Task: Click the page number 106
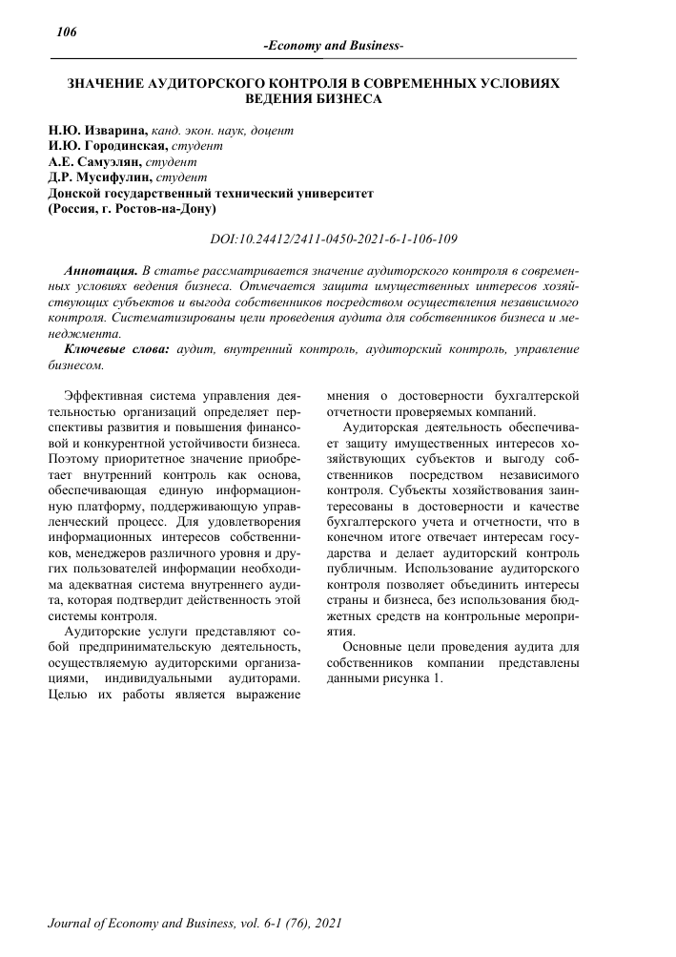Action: [x=66, y=32]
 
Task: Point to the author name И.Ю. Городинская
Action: [x=107, y=146]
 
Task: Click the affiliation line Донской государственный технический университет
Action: [x=210, y=192]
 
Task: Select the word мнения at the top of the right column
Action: [x=351, y=393]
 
